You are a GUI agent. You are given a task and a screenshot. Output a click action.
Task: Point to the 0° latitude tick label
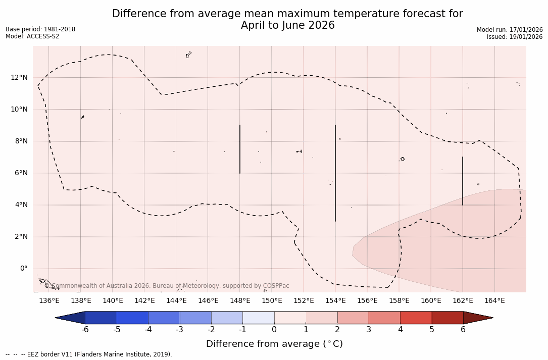[23, 269]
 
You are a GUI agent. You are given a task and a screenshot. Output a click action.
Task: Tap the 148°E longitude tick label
[240, 301]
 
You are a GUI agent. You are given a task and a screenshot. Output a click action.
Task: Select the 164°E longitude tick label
[494, 301]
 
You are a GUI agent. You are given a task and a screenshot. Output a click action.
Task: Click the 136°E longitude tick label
[49, 301]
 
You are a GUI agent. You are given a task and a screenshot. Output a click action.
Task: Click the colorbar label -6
[85, 330]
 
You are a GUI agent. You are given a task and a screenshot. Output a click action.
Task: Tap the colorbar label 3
[369, 330]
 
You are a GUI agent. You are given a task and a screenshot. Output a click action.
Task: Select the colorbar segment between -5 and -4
[132, 318]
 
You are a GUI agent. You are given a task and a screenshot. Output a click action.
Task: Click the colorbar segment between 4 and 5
[416, 318]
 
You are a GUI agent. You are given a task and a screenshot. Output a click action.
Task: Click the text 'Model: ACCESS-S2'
[32, 36]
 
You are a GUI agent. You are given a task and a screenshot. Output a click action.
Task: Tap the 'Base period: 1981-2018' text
[40, 29]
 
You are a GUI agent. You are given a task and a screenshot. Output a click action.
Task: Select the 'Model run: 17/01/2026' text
[510, 30]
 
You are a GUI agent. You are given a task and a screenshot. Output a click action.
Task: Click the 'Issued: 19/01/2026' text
[515, 37]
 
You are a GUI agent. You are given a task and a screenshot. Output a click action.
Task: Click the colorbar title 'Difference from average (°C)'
[274, 344]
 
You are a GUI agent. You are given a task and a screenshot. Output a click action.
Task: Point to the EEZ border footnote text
[89, 354]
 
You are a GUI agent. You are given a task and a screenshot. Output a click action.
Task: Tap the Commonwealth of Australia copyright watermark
[167, 286]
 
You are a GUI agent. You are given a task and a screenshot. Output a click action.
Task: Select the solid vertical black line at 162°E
[463, 181]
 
